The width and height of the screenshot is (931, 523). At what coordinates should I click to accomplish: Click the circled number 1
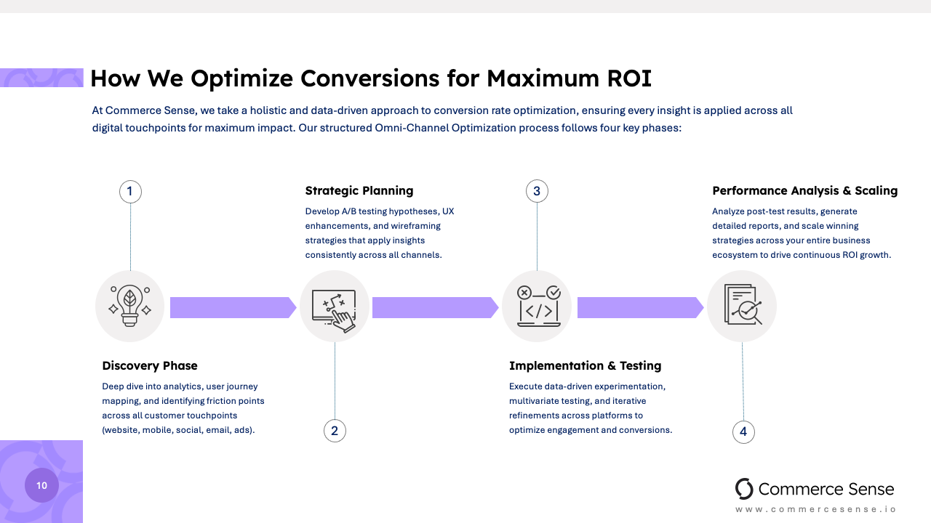pos(130,192)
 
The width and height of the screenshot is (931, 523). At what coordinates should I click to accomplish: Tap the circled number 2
pos(335,431)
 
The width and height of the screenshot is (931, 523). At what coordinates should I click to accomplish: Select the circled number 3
pos(537,192)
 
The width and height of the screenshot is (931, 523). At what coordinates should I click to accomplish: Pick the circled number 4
pos(743,432)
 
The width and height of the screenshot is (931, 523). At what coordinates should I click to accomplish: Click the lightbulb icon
pos(130,306)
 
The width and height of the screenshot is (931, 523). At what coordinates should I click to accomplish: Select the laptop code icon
pos(538,306)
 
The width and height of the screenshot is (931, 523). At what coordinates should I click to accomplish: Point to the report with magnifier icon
pos(743,306)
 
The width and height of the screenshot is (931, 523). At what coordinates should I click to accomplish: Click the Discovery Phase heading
pos(150,365)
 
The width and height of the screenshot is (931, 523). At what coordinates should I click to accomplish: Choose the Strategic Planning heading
pos(359,191)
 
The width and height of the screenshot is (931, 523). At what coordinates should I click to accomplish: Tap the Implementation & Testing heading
pos(586,365)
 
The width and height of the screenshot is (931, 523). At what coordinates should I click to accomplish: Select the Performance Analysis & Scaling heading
pos(805,191)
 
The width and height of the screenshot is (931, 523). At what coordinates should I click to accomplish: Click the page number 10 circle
pos(41,485)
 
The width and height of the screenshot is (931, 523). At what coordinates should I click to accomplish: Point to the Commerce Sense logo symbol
pos(744,489)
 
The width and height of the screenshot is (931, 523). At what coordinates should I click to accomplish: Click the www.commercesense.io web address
pos(816,509)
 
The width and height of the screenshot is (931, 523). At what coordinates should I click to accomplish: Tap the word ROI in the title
pos(626,78)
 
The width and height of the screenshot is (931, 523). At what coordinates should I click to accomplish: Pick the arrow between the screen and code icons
pos(435,307)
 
